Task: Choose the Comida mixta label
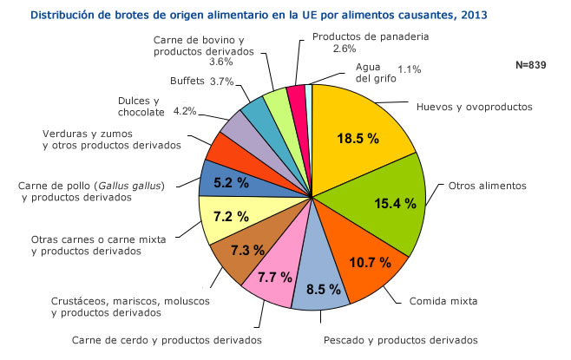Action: click(x=443, y=303)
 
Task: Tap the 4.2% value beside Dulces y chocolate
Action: click(x=185, y=111)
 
